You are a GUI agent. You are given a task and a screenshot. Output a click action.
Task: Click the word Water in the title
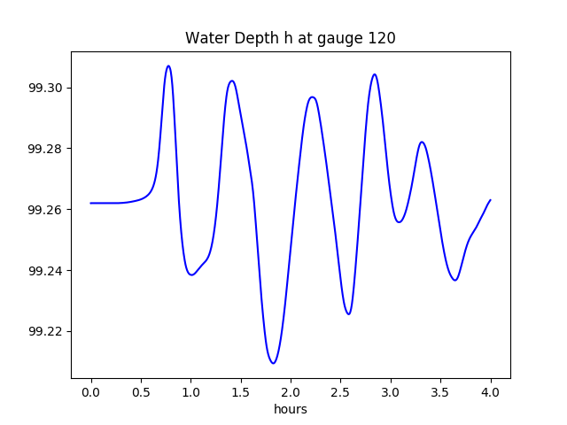205,38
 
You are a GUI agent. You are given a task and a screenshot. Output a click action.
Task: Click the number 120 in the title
382,38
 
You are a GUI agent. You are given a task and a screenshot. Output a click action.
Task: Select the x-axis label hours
291,409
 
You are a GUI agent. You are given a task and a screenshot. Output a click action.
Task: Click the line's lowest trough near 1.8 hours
274,363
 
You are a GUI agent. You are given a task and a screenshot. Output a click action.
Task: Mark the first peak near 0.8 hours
168,66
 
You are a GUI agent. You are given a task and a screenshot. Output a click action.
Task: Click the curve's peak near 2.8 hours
375,74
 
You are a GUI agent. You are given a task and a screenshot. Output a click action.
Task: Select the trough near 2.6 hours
349,313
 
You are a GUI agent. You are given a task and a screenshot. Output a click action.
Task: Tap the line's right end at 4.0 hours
490,200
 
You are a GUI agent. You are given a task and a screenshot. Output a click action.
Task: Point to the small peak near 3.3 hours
422,142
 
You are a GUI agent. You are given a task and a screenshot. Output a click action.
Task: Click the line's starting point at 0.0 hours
91,203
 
